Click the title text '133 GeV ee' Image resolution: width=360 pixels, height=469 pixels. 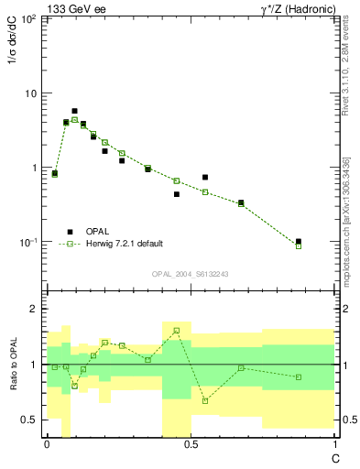73,9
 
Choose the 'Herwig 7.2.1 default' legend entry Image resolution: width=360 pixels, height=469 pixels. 125,244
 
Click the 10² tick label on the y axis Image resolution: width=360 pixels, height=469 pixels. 28,19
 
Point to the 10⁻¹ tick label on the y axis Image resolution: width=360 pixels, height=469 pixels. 28,243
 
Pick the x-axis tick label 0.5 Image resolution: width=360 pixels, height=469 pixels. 191,444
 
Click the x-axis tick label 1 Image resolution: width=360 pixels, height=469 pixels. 333,444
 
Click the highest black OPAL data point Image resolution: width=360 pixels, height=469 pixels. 74,111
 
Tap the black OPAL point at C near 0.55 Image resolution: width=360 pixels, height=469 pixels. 205,177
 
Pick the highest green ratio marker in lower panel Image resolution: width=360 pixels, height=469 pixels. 176,330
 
